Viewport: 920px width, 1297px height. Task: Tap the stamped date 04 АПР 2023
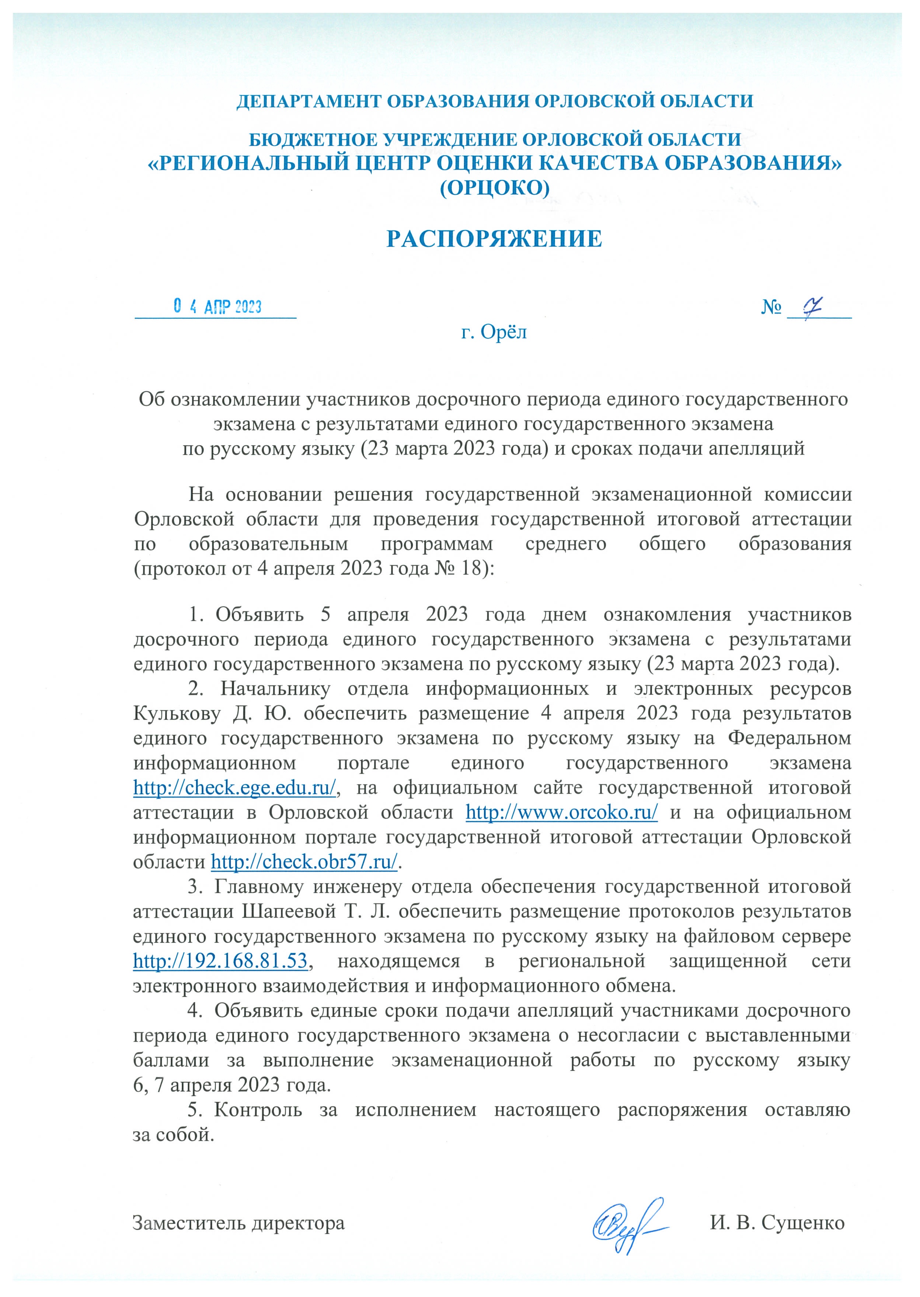217,307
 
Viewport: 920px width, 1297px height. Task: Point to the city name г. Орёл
494,332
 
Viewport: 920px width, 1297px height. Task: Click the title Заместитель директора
238,1223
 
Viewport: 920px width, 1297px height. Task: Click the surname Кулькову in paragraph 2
177,714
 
